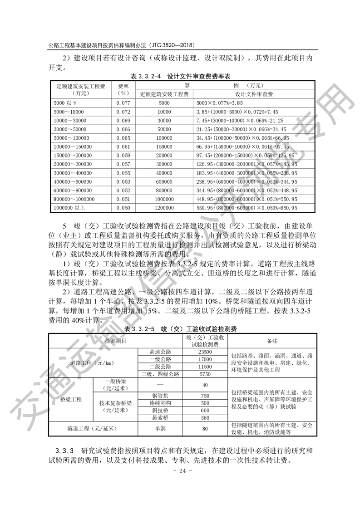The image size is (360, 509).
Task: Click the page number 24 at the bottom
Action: pos(180,470)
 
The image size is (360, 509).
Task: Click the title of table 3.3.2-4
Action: pos(180,76)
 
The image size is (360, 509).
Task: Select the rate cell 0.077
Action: pos(123,103)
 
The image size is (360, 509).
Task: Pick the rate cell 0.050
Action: pos(123,207)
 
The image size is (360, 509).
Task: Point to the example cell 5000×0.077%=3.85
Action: pos(219,103)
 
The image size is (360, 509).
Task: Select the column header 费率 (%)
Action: pos(123,89)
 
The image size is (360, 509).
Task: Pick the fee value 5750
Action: pos(205,374)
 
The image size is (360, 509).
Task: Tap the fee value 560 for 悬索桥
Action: pos(205,417)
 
